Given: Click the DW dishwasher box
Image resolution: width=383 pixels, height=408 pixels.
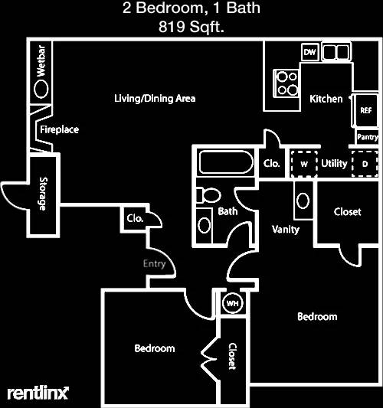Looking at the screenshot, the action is coord(309,52).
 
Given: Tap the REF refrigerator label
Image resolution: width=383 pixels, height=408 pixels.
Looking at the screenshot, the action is coord(366,110).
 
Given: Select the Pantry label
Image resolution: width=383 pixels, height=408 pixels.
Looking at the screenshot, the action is coord(368,137).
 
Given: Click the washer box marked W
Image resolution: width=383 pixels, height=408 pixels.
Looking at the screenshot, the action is coord(304,164).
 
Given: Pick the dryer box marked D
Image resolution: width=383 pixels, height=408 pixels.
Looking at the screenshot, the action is coord(365,164).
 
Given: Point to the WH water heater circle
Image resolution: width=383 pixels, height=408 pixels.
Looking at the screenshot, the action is coord(233,303).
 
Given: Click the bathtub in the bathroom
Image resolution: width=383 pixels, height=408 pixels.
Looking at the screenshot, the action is coord(226,162).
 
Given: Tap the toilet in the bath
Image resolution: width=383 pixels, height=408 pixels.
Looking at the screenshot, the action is coord(208,195).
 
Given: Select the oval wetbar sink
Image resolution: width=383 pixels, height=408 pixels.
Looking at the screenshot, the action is coord(41,89).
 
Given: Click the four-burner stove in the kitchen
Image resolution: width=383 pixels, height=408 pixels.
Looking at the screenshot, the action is coord(286,83).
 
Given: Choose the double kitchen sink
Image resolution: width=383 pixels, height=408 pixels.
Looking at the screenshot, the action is coord(336,51).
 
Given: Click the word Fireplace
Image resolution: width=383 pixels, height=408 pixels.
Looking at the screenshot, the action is coord(59,129).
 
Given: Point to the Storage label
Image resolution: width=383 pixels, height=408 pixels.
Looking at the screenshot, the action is coord(43,194).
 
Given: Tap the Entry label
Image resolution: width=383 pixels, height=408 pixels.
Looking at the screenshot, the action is coord(155,264).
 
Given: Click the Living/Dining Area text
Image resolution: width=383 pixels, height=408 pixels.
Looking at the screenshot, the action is coord(155,99).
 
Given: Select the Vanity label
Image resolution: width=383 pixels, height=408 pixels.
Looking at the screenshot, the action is coord(286,230).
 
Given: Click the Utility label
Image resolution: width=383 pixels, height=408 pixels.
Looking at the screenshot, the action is coord(334,163).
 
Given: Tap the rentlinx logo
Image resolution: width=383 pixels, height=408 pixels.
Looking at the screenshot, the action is coord(38,393).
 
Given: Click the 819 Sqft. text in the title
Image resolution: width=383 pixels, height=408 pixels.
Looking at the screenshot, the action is coord(191,27).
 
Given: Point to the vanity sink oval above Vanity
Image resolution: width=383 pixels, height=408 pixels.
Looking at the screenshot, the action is coord(303,201).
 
